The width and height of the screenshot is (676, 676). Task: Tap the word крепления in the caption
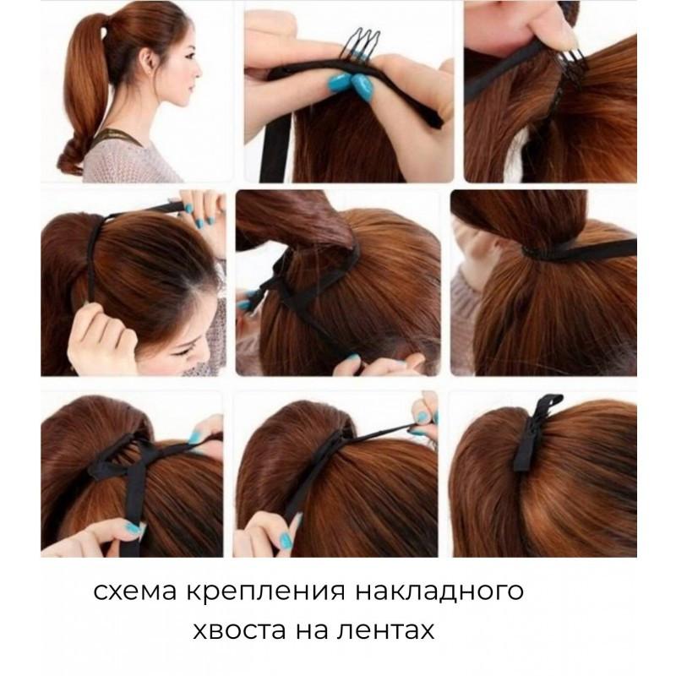(265, 592)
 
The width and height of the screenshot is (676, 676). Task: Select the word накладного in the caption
(439, 592)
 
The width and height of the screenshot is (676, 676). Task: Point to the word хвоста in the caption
(239, 630)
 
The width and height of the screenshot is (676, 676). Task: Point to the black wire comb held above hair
(362, 43)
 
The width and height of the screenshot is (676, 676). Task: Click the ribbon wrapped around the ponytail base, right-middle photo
(578, 250)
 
